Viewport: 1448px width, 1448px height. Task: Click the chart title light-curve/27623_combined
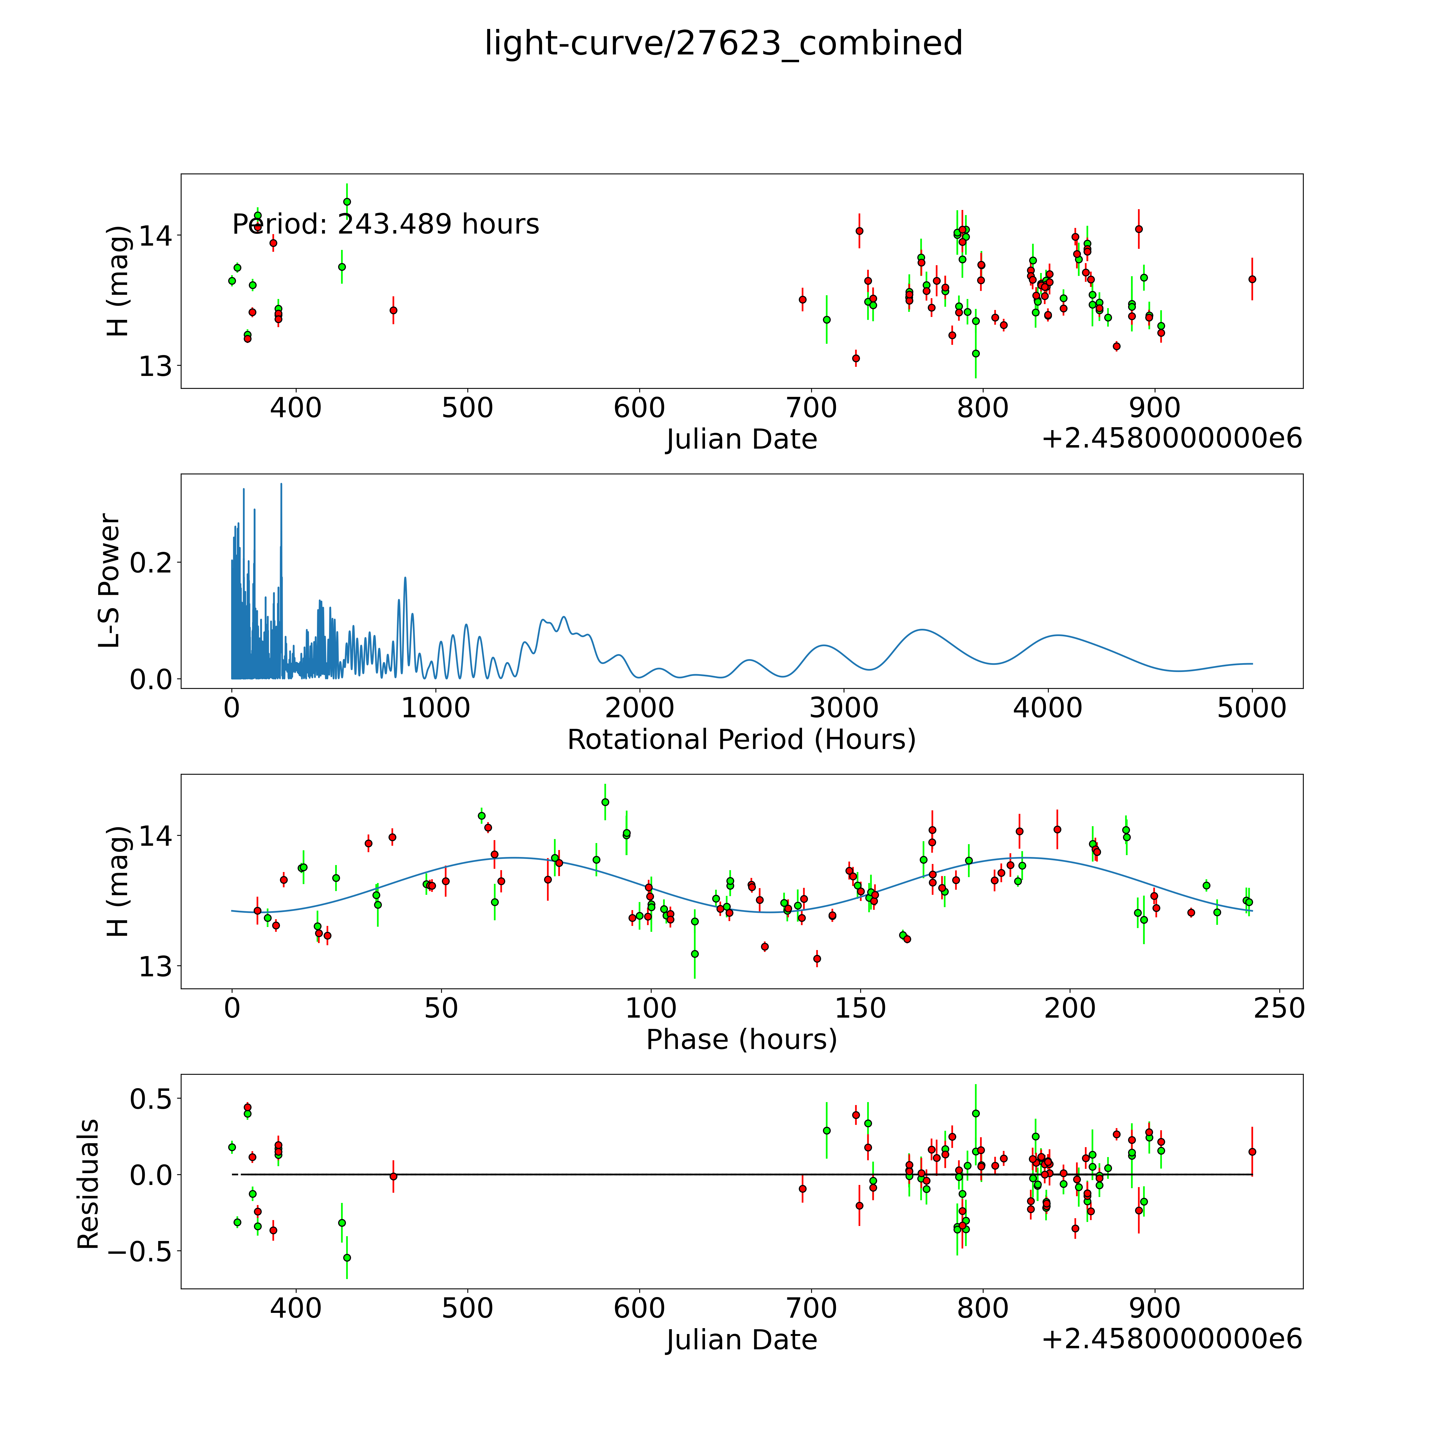[x=723, y=43]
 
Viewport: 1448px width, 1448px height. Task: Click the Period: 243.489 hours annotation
[x=385, y=224]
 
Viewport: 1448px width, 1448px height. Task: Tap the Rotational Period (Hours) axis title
[x=741, y=740]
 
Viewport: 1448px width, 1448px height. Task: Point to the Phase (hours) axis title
[x=741, y=1040]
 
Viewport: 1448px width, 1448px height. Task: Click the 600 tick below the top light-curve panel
[x=639, y=408]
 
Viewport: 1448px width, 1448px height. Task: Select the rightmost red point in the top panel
[x=1252, y=279]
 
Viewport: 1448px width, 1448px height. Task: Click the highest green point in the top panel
[x=347, y=202]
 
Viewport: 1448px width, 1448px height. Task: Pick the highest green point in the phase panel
[x=605, y=802]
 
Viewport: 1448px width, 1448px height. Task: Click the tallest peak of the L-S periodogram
[x=281, y=484]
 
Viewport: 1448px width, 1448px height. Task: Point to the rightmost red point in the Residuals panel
[x=1252, y=1151]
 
